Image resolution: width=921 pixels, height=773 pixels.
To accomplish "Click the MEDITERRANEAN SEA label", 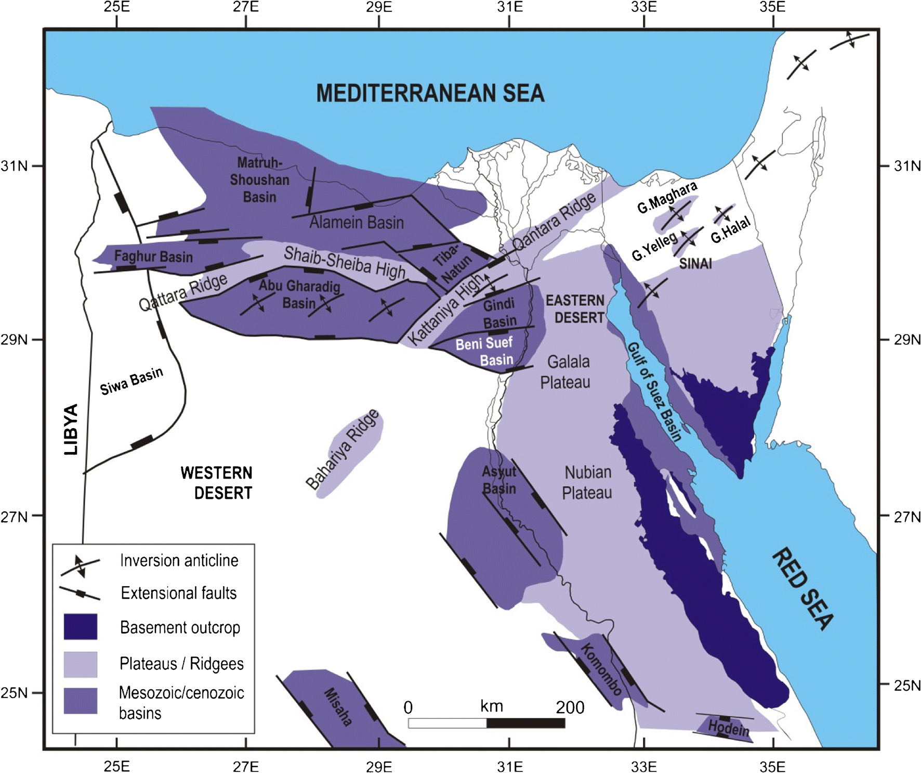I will (430, 94).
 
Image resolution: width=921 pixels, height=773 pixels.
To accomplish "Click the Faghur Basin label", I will (153, 256).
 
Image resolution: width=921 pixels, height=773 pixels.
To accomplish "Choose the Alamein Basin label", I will (357, 223).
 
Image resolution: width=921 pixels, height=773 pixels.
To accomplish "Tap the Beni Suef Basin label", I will (484, 352).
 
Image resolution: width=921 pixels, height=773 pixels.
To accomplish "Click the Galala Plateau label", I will (567, 372).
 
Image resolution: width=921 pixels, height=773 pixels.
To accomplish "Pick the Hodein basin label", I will (729, 728).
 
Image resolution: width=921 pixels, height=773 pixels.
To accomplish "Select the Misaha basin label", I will (338, 707).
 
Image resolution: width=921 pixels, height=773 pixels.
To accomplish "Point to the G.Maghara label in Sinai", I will (667, 198).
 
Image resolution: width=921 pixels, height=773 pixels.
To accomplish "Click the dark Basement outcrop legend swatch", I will (81, 627).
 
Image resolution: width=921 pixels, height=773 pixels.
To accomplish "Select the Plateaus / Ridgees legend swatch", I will (81, 664).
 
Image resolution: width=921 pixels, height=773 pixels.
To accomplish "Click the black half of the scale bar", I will (525, 723).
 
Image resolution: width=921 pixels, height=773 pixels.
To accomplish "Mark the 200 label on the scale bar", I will (570, 707).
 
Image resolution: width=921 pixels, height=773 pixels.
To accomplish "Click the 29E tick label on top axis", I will (379, 7).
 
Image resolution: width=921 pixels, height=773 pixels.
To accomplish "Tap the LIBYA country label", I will (71, 429).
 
